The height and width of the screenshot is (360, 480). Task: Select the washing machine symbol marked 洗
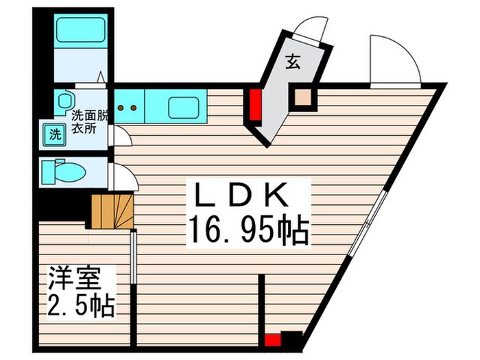[53, 133]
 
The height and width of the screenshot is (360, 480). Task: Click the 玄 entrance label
[292, 62]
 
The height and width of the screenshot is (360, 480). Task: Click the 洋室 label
[74, 279]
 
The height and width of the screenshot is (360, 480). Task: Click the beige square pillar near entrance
[302, 100]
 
